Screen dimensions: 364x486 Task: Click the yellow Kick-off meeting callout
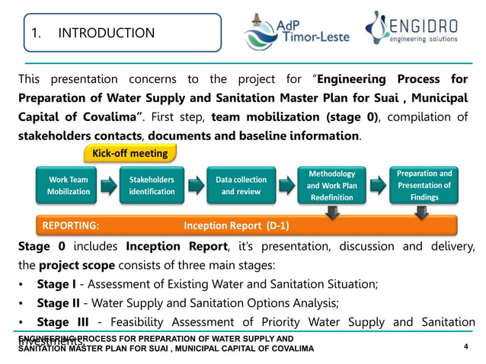tap(129, 153)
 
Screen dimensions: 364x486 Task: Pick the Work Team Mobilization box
tap(69, 186)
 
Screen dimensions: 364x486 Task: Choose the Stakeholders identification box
tap(152, 186)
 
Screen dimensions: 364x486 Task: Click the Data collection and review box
tap(241, 186)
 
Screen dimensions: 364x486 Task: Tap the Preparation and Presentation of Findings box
tap(424, 185)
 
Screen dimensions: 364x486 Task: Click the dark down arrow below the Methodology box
tap(332, 215)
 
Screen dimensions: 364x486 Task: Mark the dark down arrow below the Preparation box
tap(424, 215)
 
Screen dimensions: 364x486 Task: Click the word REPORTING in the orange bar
tap(70, 226)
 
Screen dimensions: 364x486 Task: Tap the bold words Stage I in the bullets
tap(57, 284)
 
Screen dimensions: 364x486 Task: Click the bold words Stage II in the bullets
tap(59, 303)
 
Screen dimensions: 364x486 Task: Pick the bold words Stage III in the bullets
tap(61, 322)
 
